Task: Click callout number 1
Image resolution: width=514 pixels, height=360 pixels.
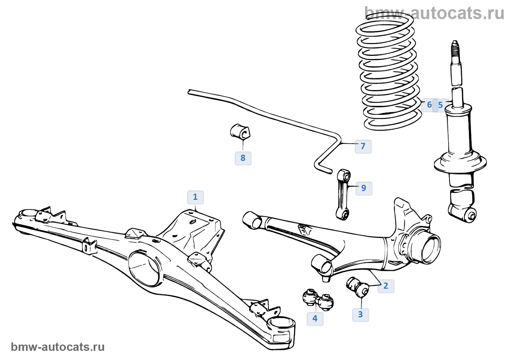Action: coord(195,197)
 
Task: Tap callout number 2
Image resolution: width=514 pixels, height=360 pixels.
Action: coord(385,286)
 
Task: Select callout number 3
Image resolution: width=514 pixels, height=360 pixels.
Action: coord(360,314)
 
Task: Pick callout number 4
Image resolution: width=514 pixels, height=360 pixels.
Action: coord(315,318)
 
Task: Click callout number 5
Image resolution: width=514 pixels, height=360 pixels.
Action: coord(441,105)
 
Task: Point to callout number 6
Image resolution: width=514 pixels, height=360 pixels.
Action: coord(429,105)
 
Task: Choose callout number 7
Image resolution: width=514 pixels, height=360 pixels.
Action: coord(363,146)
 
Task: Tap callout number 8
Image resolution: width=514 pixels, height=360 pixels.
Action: coord(243,158)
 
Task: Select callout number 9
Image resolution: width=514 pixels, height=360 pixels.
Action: coord(363,188)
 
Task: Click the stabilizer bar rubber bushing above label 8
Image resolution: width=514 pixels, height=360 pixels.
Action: coord(240,132)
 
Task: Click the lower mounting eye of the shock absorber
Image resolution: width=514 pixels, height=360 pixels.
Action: coord(470,215)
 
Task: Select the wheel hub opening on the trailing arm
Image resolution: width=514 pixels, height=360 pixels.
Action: coord(430,248)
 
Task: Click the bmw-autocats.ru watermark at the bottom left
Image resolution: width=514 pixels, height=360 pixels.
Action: coord(58,347)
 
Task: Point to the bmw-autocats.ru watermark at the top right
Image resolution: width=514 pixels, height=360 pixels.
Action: coord(434,13)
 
